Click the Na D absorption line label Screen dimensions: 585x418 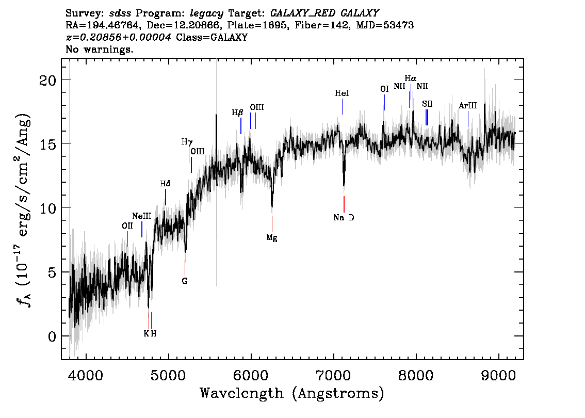tap(344, 218)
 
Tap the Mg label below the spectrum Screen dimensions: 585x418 tap(271, 238)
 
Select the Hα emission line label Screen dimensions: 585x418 tap(411, 79)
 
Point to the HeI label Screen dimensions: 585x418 tap(342, 93)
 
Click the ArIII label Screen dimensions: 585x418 tap(467, 106)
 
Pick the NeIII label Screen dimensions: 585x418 tap(142, 216)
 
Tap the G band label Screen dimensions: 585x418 tap(184, 281)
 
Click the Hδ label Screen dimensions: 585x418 tap(165, 184)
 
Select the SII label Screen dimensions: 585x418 tap(427, 104)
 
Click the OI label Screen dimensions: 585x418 tap(384, 89)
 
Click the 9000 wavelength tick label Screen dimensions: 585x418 tap(498, 375)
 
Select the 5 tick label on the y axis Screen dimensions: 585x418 tap(52, 272)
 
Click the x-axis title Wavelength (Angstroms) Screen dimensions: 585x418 tap(292, 393)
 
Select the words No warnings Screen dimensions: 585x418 tap(99, 49)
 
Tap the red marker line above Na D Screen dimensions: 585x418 tap(344, 204)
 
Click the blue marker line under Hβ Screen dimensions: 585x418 tap(241, 126)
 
